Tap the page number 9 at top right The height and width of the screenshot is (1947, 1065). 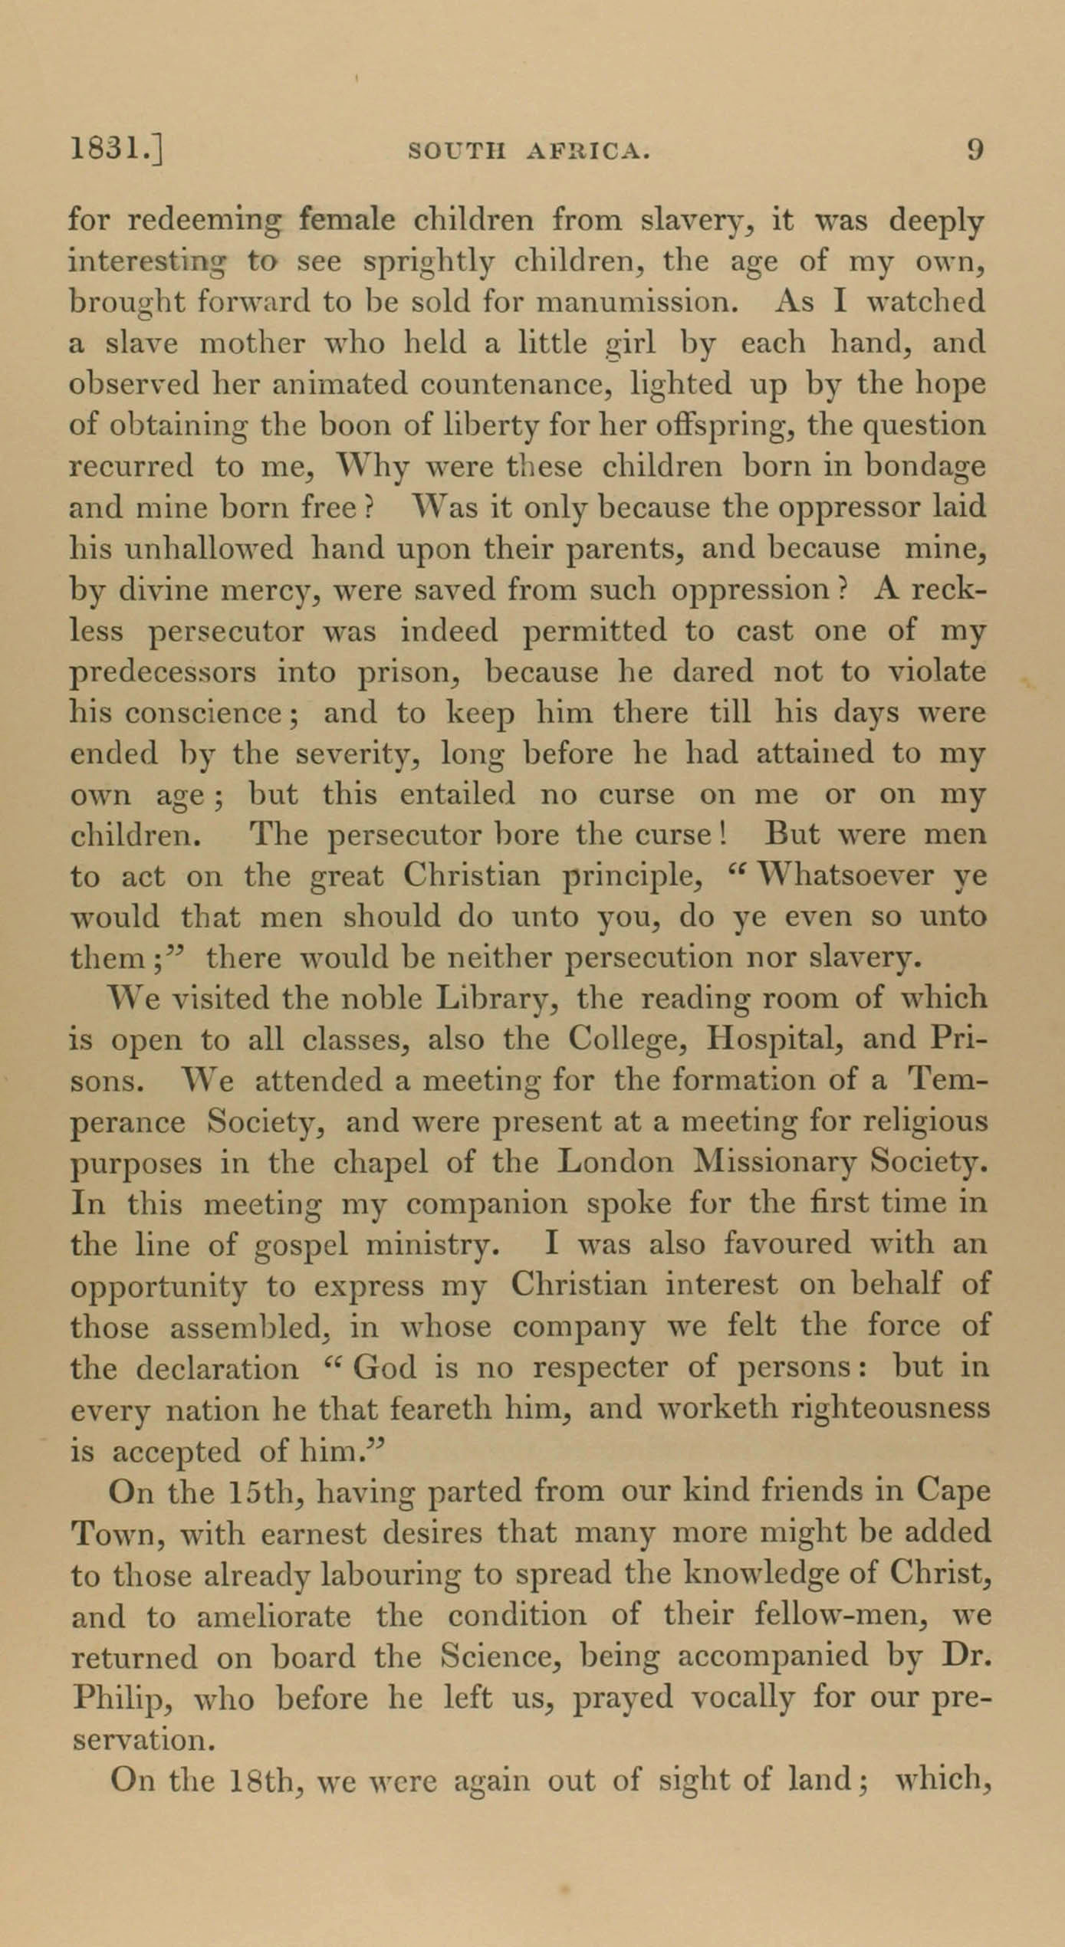click(x=975, y=149)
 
